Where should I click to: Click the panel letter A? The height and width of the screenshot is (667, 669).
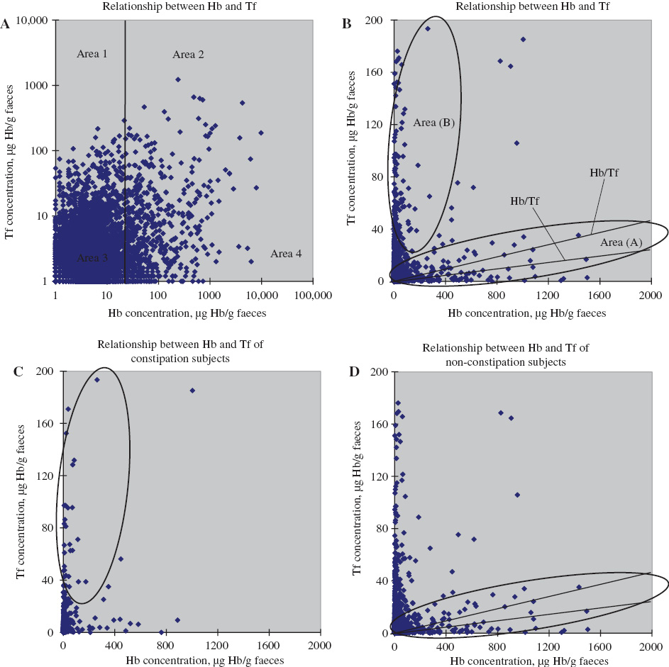tap(6, 24)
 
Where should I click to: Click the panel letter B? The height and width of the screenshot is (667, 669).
tap(347, 24)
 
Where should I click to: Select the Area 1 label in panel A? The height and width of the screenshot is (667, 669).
tap(92, 54)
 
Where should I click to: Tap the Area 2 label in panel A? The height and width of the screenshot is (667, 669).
tap(189, 55)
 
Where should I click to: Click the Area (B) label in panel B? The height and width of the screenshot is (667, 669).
tap(433, 123)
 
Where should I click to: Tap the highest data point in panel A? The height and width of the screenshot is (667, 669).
tap(178, 79)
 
